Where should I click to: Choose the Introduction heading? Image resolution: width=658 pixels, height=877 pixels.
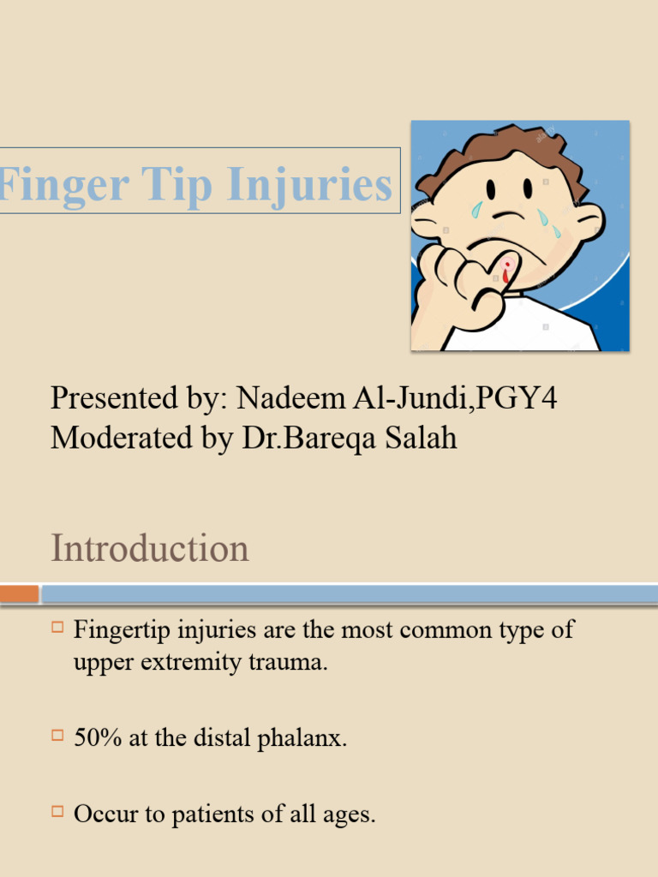150,548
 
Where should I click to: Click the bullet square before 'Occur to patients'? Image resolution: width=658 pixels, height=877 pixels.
57,809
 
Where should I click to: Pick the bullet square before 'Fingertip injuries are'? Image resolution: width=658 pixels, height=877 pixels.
57,629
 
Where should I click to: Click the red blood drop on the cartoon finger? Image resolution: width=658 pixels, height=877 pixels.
506,272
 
